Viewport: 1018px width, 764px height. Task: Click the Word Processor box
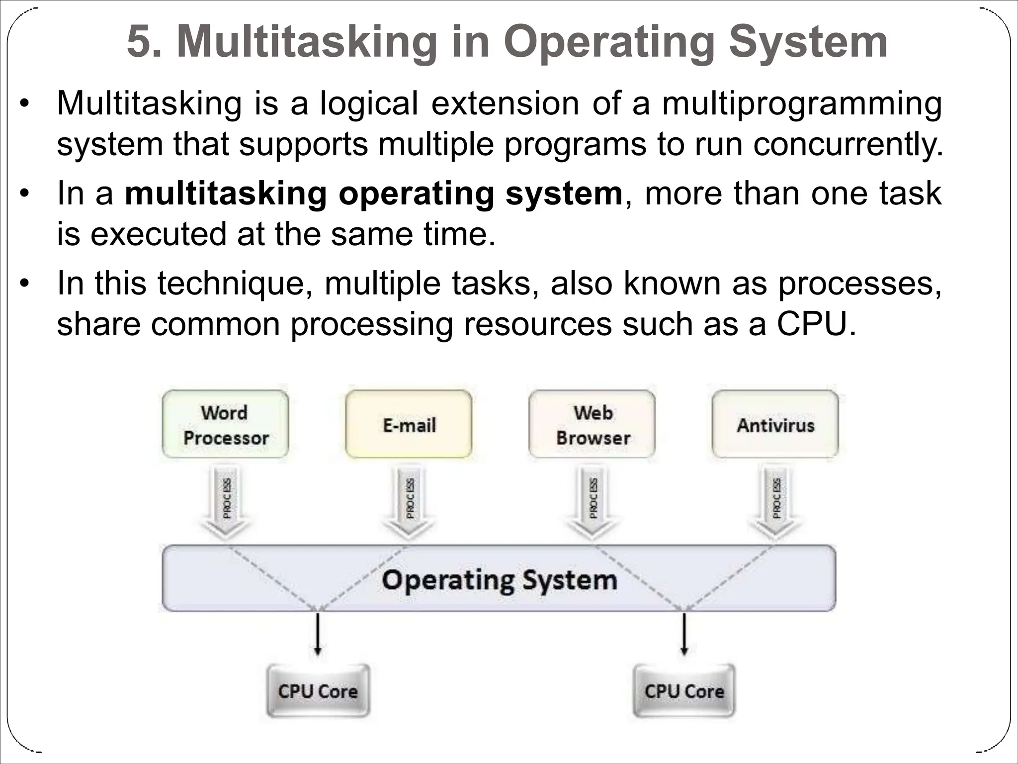point(225,424)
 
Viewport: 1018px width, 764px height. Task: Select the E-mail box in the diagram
point(409,424)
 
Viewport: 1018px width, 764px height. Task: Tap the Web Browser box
point(592,424)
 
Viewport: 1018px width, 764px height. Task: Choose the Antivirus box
point(775,424)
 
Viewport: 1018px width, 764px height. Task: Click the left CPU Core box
point(318,691)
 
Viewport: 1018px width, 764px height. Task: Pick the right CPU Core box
point(684,691)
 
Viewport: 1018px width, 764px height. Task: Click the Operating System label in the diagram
point(499,580)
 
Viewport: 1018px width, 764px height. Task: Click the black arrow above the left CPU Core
point(318,634)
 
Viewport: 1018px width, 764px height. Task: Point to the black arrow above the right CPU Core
point(684,634)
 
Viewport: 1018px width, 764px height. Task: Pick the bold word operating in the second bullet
point(416,193)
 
